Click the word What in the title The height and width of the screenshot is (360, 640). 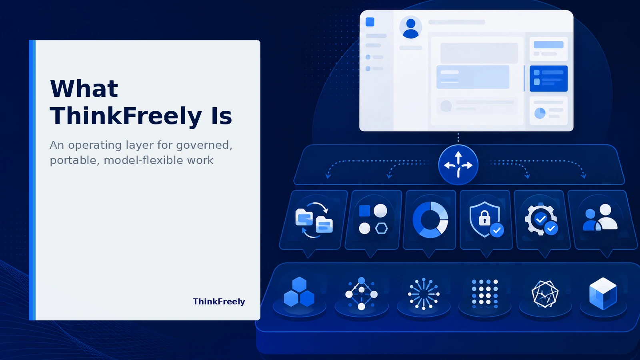[84, 88]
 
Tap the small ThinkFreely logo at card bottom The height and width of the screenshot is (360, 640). [219, 302]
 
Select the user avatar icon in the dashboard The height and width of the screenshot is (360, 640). [410, 28]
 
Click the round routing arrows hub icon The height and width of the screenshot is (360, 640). [458, 165]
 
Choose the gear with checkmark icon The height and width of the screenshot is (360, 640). [541, 220]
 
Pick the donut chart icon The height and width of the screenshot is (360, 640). [430, 220]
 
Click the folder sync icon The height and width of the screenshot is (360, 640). [314, 220]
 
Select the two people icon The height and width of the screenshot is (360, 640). [600, 218]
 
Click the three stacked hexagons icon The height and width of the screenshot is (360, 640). [299, 292]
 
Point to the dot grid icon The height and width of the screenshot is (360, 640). [485, 294]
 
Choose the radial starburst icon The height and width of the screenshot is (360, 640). [424, 294]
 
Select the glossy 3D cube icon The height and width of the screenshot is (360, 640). [603, 294]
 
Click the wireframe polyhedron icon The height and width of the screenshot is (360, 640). [545, 294]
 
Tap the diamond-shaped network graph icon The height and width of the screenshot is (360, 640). [362, 294]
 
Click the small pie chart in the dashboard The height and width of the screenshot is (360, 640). [540, 113]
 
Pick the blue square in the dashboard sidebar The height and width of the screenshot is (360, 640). [370, 22]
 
